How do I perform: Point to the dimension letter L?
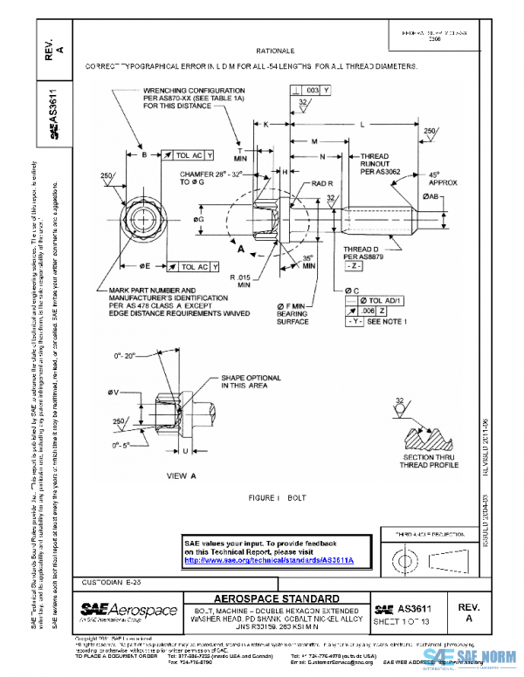coord(362,125)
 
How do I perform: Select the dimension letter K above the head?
coord(265,125)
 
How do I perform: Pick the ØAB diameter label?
coord(431,197)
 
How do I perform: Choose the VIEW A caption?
coord(183,475)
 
